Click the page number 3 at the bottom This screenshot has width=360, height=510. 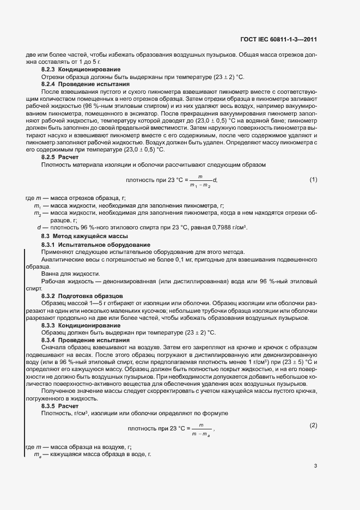click(x=315, y=466)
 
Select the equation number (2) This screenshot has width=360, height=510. click(x=313, y=409)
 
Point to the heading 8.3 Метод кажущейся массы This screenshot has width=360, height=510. click(x=84, y=236)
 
